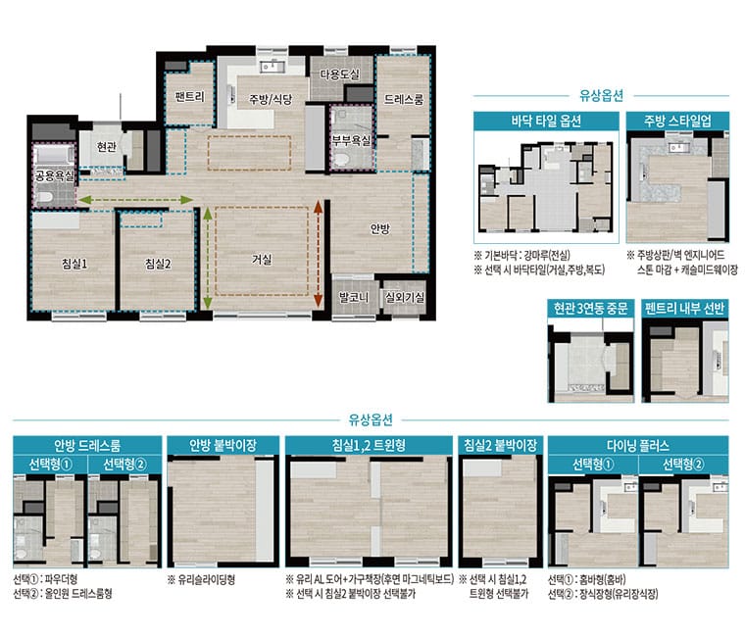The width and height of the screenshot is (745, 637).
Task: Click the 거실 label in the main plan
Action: pyautogui.click(x=262, y=260)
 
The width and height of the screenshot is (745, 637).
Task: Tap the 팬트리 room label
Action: pyautogui.click(x=189, y=97)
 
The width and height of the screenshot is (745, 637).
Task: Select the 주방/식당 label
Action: pyautogui.click(x=271, y=99)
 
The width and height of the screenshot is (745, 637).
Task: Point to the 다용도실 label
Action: pyautogui.click(x=339, y=74)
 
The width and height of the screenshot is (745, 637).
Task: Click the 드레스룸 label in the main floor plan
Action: pyautogui.click(x=404, y=99)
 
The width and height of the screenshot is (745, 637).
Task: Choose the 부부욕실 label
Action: pyautogui.click(x=351, y=140)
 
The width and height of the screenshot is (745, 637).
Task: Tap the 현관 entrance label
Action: pyautogui.click(x=107, y=147)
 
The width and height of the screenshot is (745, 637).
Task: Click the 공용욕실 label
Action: pyautogui.click(x=55, y=176)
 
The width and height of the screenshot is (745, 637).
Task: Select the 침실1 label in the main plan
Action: pyautogui.click(x=74, y=264)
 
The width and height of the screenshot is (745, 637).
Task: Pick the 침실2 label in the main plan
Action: pyautogui.click(x=158, y=264)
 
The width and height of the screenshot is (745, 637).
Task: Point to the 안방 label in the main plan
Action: pyautogui.click(x=380, y=229)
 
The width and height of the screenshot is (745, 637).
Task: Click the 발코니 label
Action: pyautogui.click(x=354, y=298)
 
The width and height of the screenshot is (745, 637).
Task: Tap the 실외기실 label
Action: pyautogui.click(x=405, y=298)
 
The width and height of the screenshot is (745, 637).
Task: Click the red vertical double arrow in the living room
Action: pyautogui.click(x=319, y=253)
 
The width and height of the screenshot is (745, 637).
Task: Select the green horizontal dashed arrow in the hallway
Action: pyautogui.click(x=135, y=200)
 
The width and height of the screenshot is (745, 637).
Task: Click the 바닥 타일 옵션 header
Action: pyautogui.click(x=546, y=122)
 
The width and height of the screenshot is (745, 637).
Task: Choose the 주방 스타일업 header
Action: pyautogui.click(x=677, y=122)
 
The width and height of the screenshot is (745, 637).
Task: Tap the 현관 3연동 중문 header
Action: pyautogui.click(x=590, y=309)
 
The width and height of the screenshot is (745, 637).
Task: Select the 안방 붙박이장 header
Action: pyautogui.click(x=223, y=445)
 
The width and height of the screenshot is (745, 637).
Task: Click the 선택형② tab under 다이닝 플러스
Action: pyautogui.click(x=683, y=465)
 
